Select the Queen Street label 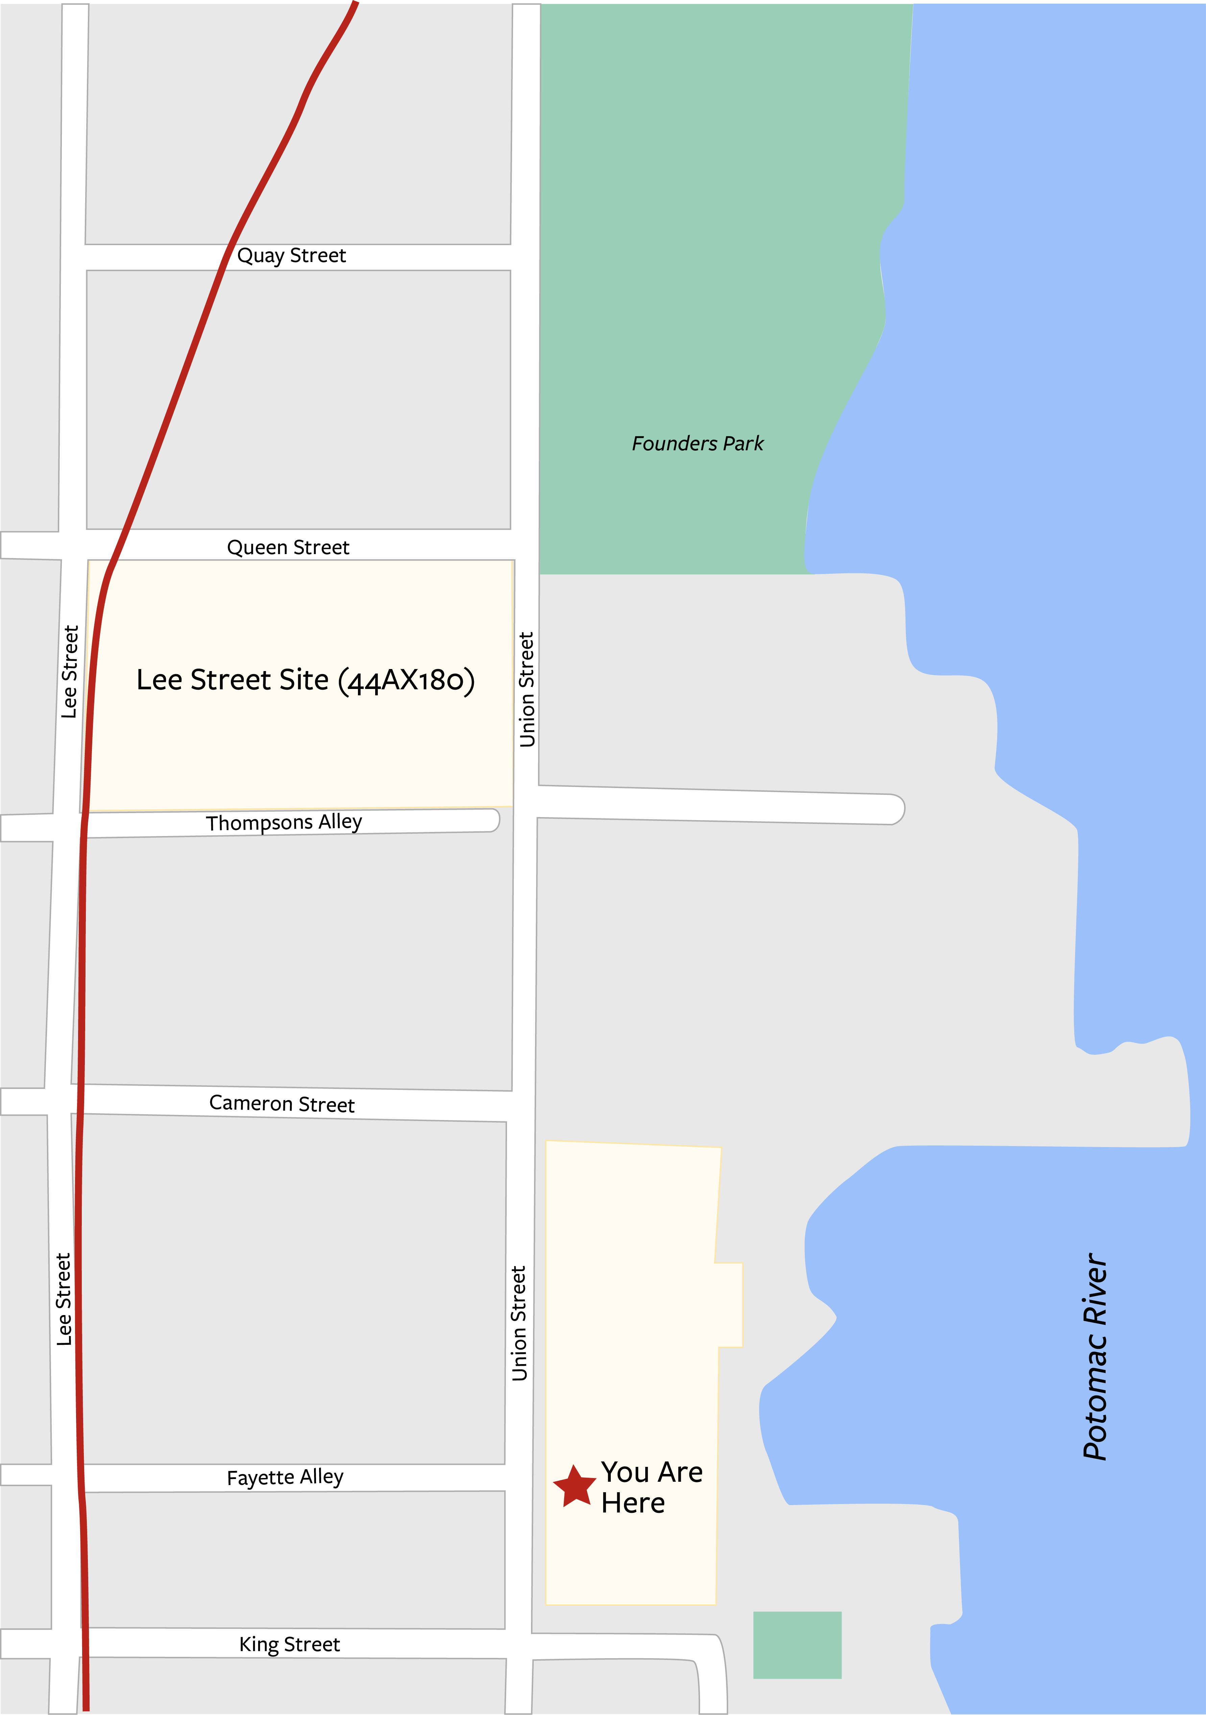point(288,548)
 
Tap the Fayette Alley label point(285,1477)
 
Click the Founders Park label point(697,444)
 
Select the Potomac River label point(1095,1356)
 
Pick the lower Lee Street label point(64,1300)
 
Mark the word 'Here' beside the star point(632,1503)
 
